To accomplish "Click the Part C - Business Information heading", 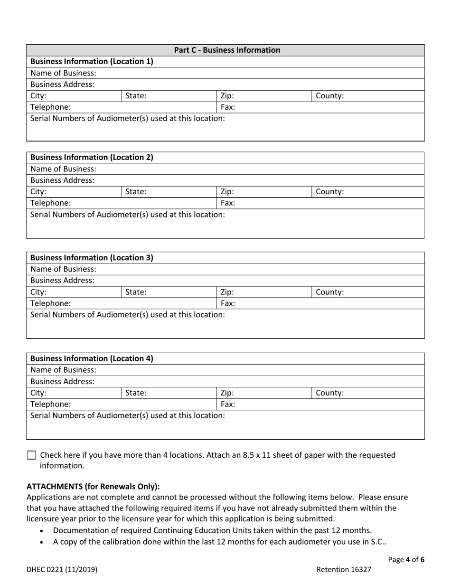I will pyautogui.click(x=227, y=50).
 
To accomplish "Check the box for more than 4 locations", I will pyautogui.click(x=31, y=455).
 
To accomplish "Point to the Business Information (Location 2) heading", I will pyautogui.click(x=92, y=157).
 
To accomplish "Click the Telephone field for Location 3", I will pyautogui.click(x=142, y=303).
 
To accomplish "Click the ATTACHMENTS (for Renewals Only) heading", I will pyautogui.click(x=93, y=486).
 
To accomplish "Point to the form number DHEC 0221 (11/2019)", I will pyautogui.click(x=62, y=570).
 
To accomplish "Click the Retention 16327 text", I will pyautogui.click(x=344, y=570).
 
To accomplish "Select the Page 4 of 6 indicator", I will pyautogui.click(x=406, y=559).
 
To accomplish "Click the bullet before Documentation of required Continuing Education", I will pyautogui.click(x=43, y=531).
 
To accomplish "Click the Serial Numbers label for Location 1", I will pyautogui.click(x=128, y=118).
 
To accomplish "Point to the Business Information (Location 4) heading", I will pyautogui.click(x=92, y=358).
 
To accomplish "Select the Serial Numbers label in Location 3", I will pyautogui.click(x=128, y=314).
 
